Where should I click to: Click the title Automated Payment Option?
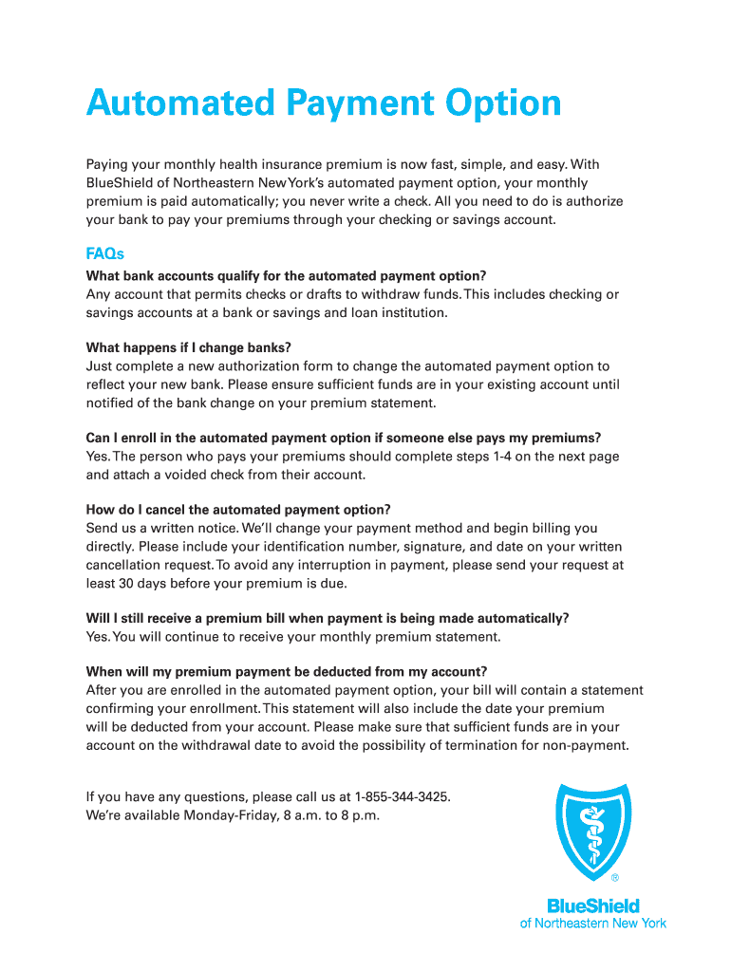click(323, 103)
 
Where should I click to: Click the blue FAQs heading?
click(104, 254)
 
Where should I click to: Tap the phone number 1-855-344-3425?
click(402, 795)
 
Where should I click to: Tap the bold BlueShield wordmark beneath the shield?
click(593, 906)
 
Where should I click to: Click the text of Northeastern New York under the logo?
click(593, 923)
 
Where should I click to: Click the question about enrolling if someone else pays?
click(343, 438)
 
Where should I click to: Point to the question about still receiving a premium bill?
click(327, 618)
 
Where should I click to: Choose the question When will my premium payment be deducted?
click(286, 672)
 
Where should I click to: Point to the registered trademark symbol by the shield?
click(614, 878)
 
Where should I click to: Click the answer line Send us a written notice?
click(162, 528)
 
